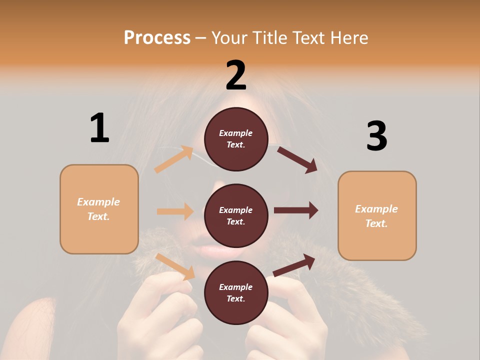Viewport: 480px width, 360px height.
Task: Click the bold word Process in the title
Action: [157, 37]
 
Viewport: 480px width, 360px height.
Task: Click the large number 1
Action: [99, 128]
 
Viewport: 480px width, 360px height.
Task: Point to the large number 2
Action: [236, 75]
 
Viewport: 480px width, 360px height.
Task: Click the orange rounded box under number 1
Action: [99, 209]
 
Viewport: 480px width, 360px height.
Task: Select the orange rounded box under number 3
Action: [377, 216]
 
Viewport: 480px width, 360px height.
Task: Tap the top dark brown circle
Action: [236, 139]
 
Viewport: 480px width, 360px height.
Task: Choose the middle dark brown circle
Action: [236, 215]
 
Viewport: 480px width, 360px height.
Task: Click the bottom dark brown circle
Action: [236, 292]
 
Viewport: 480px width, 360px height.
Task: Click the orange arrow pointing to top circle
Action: [174, 159]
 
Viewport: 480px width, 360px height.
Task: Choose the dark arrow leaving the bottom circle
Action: [294, 265]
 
